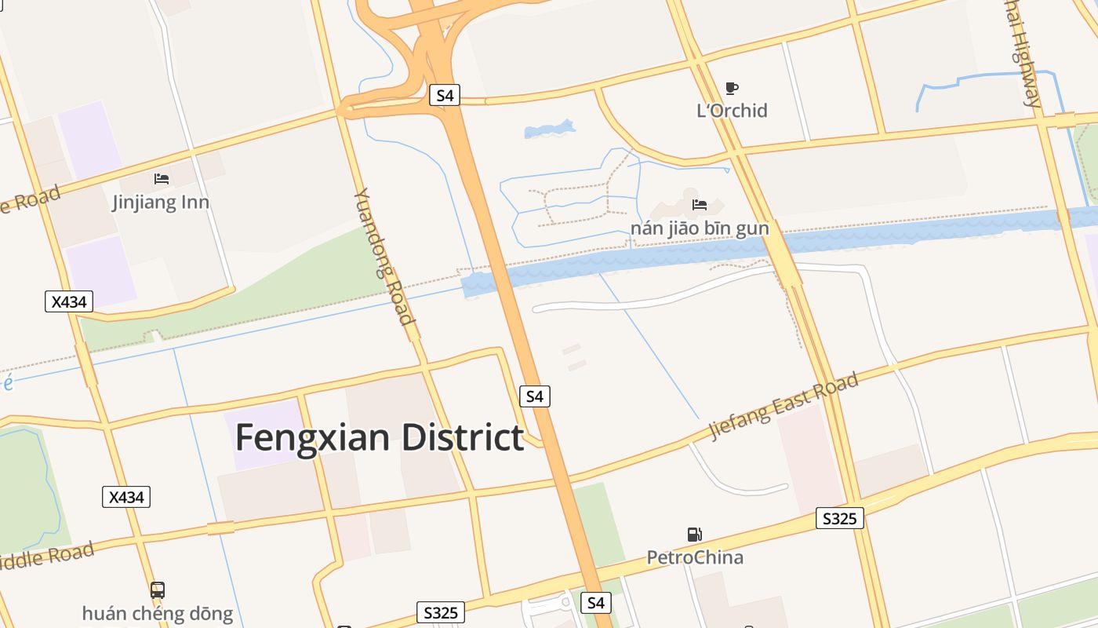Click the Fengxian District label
pos(380,437)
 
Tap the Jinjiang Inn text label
pos(161,203)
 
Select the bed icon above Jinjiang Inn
pos(162,179)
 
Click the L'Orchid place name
pos(732,111)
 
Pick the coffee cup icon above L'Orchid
pos(732,88)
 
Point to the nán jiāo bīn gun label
pos(700,228)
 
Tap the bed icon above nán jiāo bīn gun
pos(700,206)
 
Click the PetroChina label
pos(695,557)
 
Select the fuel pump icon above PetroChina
pos(695,535)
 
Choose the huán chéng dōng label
pos(158,613)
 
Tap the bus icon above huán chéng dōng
pos(158,590)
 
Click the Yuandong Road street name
pos(384,256)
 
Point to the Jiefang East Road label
pos(784,406)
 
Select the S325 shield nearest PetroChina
pos(840,518)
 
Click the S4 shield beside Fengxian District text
pos(535,396)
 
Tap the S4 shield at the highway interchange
pos(445,96)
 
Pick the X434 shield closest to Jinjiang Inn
pos(69,301)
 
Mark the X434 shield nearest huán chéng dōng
pos(126,497)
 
